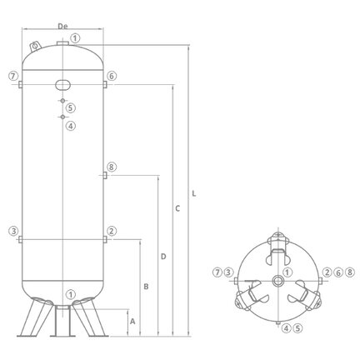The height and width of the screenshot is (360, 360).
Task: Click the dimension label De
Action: tap(62, 26)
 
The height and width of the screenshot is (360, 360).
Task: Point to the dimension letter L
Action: tap(194, 193)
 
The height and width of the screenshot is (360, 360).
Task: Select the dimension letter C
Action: tap(177, 208)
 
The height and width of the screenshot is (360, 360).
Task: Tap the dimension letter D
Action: tap(163, 257)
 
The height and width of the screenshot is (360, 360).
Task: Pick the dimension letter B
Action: tap(146, 287)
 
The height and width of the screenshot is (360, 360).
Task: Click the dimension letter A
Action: tap(132, 322)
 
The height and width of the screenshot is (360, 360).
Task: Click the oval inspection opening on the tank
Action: tap(62, 85)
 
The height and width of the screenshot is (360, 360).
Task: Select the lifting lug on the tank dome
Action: tap(35, 45)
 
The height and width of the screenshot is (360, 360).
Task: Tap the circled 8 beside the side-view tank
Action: tap(112, 167)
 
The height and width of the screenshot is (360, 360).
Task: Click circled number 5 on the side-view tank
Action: tap(71, 107)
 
